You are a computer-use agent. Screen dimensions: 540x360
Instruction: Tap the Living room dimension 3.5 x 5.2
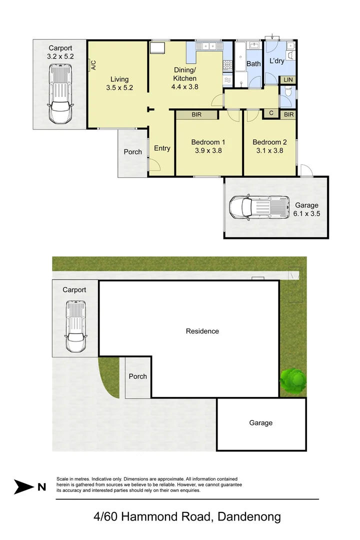tap(119, 88)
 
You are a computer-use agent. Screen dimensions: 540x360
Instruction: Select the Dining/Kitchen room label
tap(185, 74)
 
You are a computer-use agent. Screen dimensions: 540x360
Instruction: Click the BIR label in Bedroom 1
tap(197, 114)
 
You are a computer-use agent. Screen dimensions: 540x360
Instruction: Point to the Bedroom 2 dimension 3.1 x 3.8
tap(269, 149)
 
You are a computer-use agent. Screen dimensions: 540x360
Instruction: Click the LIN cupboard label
tap(288, 80)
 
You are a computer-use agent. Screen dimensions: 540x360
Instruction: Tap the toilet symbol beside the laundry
tap(287, 93)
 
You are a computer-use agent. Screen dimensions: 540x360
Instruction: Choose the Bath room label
tap(253, 64)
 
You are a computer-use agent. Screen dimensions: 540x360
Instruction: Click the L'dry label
tap(276, 61)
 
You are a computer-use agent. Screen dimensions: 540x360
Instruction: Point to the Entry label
tap(162, 148)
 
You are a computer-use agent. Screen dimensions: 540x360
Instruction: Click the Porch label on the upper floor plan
tap(132, 151)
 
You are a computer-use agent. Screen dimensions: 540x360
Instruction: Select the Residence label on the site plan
tap(202, 331)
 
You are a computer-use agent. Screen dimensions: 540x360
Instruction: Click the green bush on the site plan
tap(292, 379)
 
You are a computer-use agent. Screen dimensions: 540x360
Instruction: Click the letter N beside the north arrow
tap(42, 486)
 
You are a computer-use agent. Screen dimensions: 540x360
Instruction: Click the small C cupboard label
tap(271, 113)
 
